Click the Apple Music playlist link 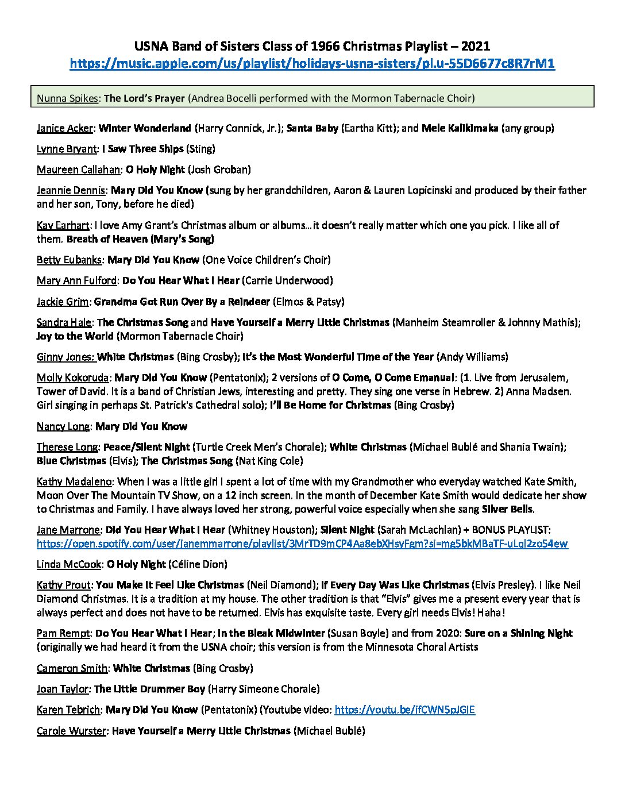tap(312, 64)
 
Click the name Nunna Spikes tap(67, 98)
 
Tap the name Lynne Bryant tap(67, 149)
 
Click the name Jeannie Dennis tap(71, 190)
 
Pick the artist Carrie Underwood tap(295, 280)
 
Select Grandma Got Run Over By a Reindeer tap(182, 301)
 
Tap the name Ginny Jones tap(65, 357)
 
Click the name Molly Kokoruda tap(74, 377)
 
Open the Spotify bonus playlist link tap(302, 544)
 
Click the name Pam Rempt tap(63, 633)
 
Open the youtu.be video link tap(404, 710)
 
